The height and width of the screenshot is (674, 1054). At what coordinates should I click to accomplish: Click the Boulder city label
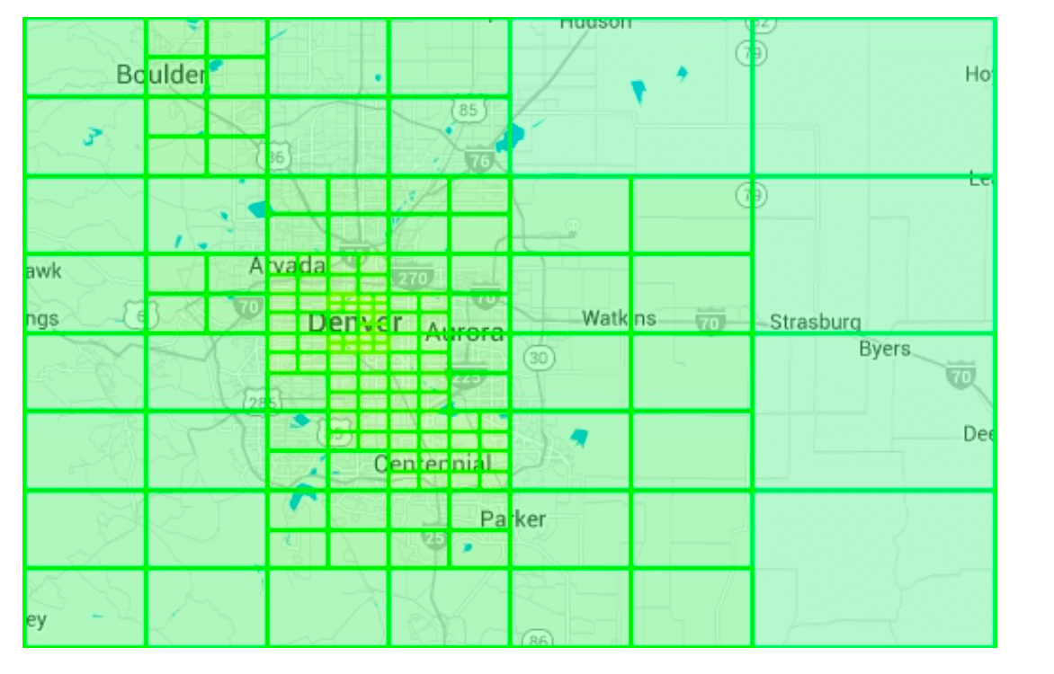(162, 75)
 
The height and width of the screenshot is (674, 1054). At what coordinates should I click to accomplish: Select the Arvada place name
(287, 266)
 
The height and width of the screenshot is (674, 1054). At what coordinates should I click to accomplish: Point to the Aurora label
(464, 333)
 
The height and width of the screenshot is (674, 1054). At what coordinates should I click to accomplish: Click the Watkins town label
(619, 318)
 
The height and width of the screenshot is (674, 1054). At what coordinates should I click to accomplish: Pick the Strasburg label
(815, 322)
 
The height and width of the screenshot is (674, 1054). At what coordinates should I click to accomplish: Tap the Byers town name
(884, 349)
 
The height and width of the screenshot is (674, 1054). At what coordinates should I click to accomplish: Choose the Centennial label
(433, 464)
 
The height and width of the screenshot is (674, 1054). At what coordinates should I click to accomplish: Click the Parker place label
(513, 519)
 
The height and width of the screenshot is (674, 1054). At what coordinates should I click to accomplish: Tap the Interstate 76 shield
(479, 160)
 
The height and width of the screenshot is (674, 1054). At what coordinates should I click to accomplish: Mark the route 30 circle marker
(538, 359)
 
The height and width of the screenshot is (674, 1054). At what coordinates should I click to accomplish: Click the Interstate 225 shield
(468, 378)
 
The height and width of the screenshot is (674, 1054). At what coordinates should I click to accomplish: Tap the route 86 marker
(538, 640)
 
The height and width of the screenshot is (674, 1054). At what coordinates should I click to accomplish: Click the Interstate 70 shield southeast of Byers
(960, 377)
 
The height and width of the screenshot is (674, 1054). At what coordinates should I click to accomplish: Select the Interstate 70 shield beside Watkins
(710, 320)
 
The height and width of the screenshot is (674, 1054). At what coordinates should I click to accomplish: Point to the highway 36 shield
(274, 158)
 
